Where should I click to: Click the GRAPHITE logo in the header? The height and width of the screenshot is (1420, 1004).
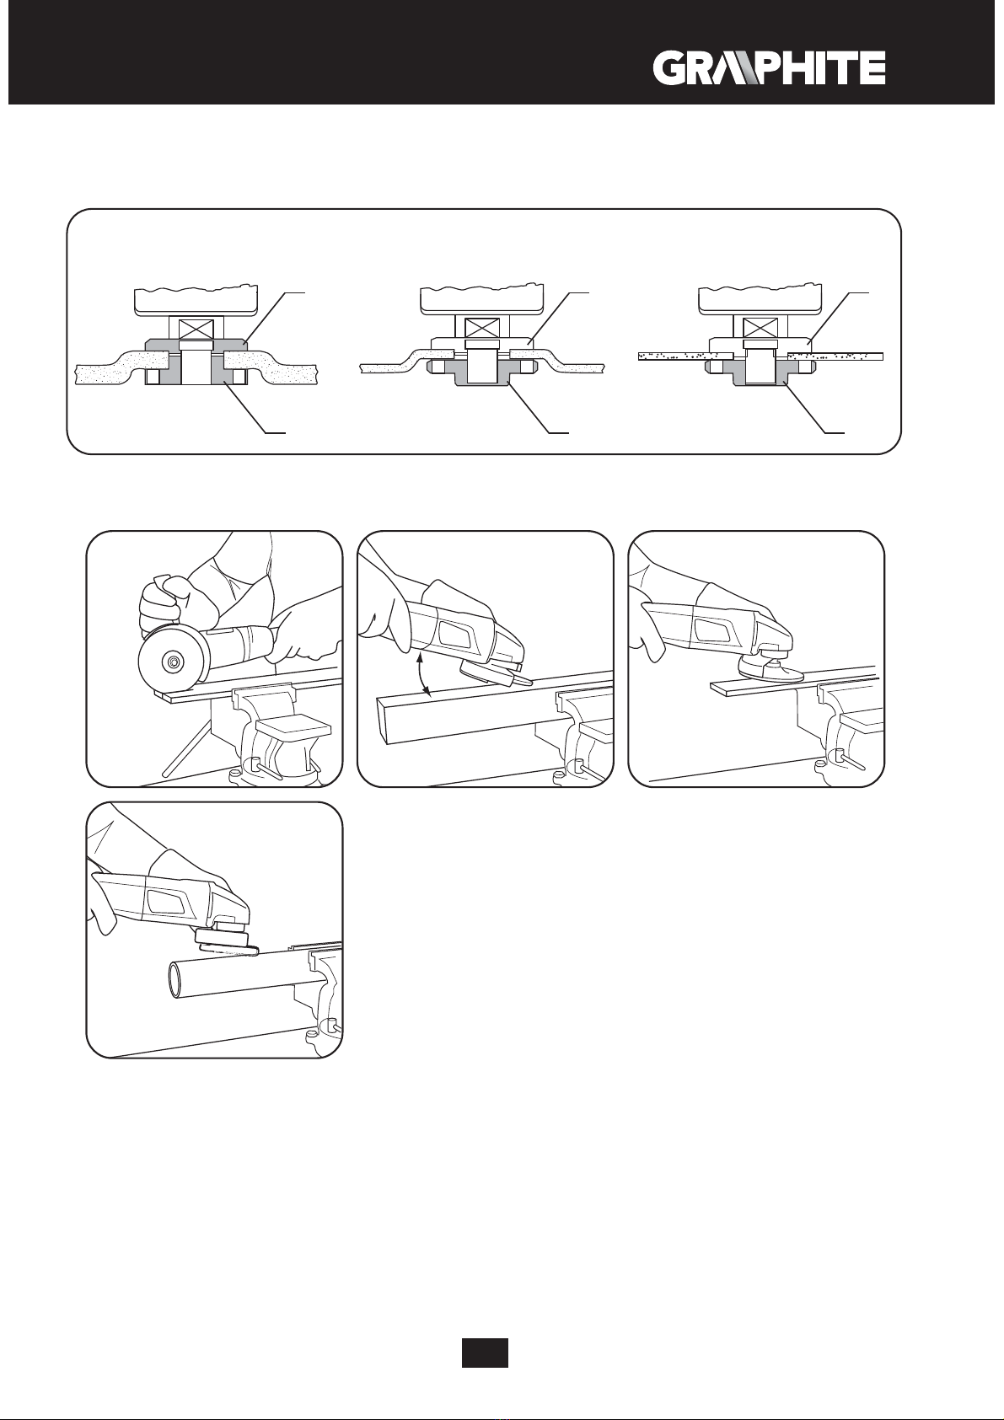coord(770,68)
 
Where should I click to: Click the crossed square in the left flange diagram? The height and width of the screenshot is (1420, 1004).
coord(196,328)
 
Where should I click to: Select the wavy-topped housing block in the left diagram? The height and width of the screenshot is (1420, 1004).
coord(196,301)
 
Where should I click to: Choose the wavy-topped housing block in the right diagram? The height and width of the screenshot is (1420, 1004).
coord(760,301)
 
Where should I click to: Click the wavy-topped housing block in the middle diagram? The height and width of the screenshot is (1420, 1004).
coord(482,301)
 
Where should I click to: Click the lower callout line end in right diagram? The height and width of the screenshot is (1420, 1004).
coord(844,433)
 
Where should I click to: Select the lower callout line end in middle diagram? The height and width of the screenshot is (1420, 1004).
coord(568,433)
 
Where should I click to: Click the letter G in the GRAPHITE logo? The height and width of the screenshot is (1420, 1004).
coord(670,68)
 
